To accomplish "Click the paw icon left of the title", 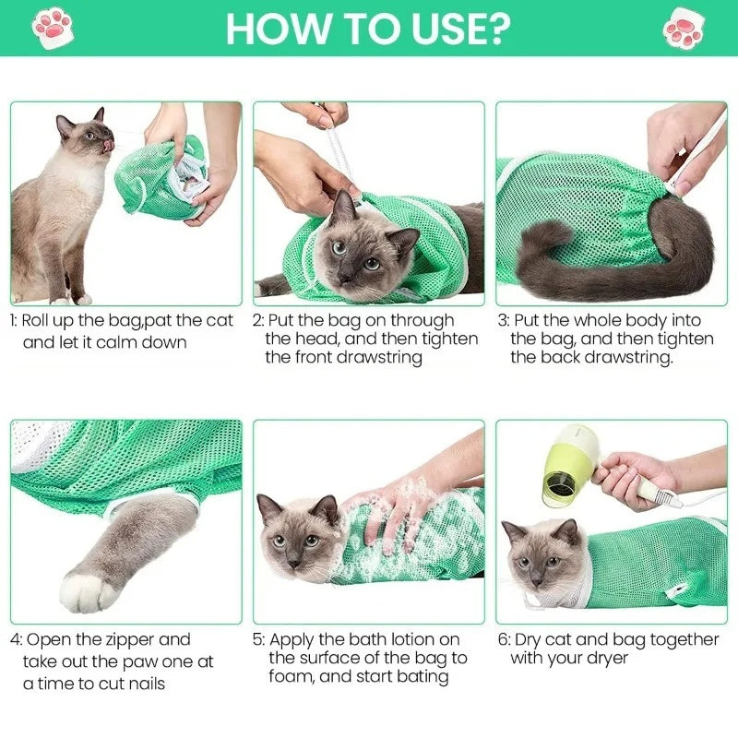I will tap(53, 28).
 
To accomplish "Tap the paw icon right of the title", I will tap(684, 28).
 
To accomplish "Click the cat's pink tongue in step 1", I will tap(111, 145).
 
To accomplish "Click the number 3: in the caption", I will tap(504, 321).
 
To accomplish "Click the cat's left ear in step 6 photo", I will tap(514, 531).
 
